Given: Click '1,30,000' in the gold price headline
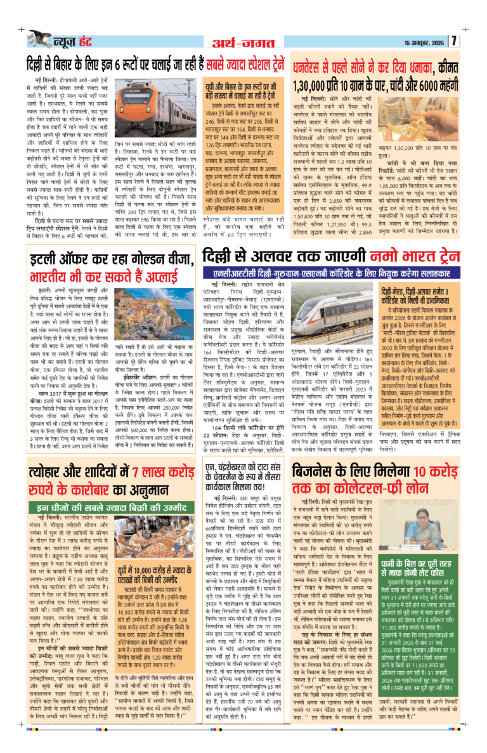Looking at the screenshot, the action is click(319, 84).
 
